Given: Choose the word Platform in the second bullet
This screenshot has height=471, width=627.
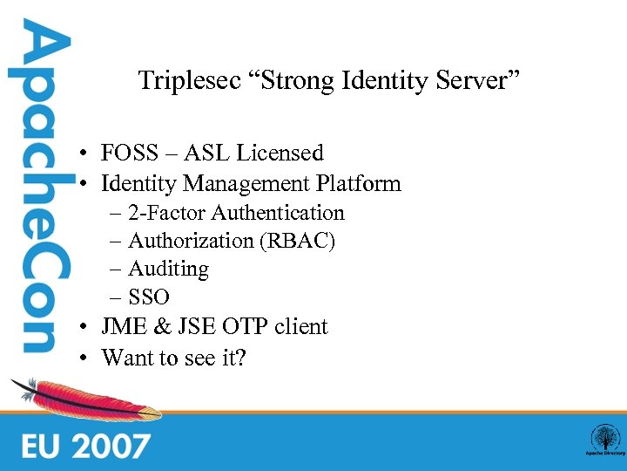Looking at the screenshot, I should click(x=360, y=184).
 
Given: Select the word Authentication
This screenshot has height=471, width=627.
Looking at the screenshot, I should click(x=278, y=213).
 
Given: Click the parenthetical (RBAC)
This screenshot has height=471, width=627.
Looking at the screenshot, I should click(x=297, y=241).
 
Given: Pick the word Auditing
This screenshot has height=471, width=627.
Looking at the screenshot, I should click(x=168, y=270).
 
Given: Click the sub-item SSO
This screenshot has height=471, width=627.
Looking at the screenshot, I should click(x=149, y=297).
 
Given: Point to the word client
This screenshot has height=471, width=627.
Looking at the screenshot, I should click(x=300, y=327).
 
